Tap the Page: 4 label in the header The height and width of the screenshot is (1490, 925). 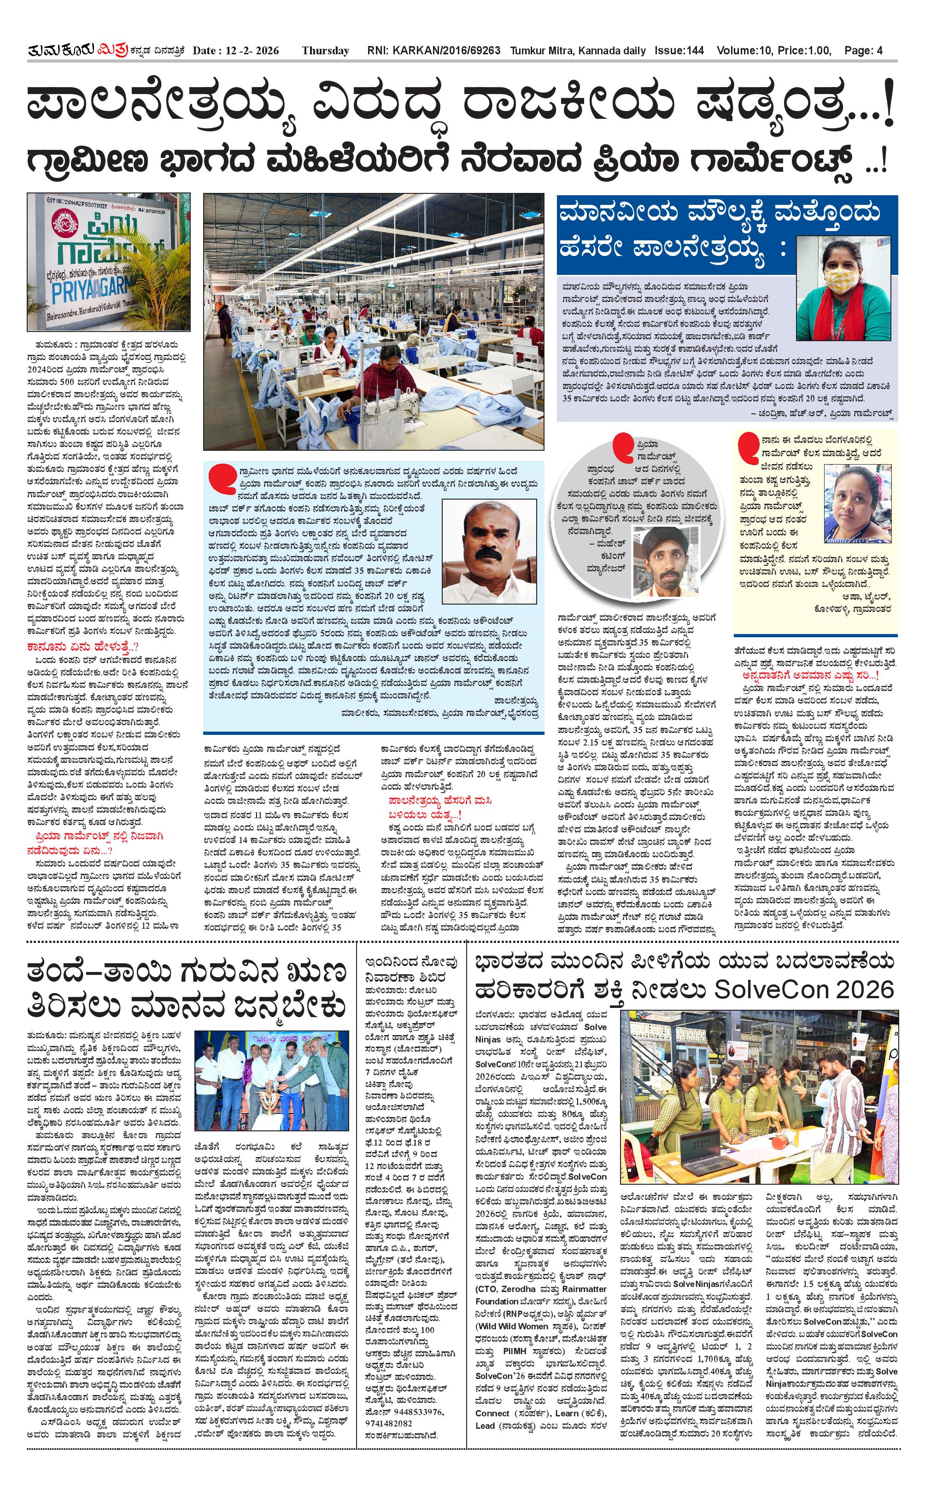tap(863, 51)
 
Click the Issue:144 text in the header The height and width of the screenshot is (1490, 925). tap(679, 51)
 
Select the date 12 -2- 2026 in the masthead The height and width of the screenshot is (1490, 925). tap(235, 51)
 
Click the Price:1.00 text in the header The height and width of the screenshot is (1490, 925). tap(804, 51)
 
